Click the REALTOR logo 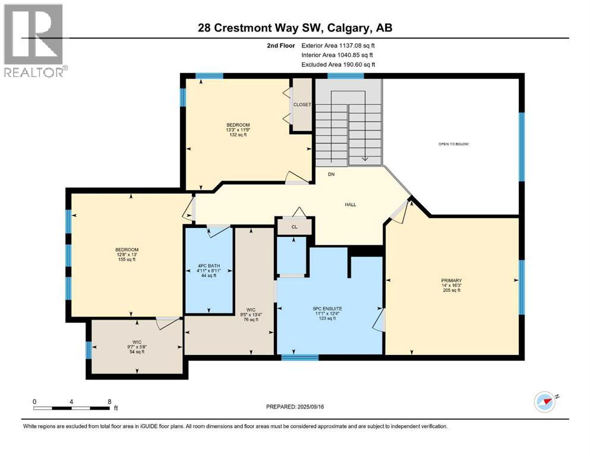tap(34, 40)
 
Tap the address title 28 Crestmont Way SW tap(295, 28)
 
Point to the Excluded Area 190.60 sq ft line tap(339, 65)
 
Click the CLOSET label tap(302, 104)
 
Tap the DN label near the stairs tap(335, 175)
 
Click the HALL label tap(351, 205)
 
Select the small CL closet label tap(294, 226)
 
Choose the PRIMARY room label tap(451, 280)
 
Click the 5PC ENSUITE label tap(327, 309)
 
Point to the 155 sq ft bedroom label tap(127, 254)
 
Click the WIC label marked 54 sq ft tap(136, 347)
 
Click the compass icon tap(544, 402)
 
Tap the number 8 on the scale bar tap(109, 401)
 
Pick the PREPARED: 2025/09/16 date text tap(295, 407)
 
